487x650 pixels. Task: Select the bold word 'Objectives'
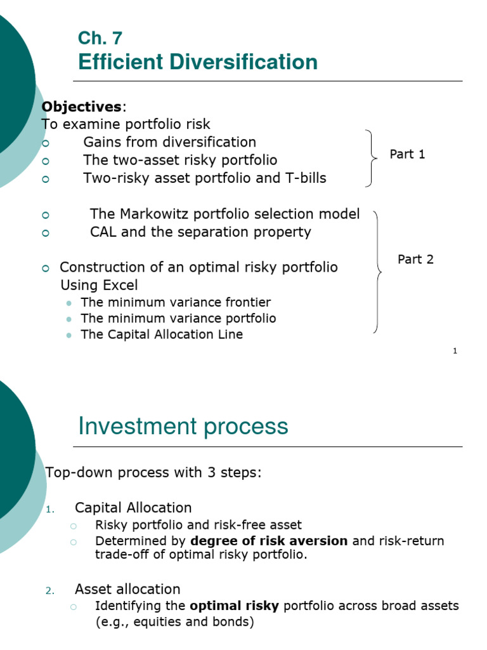(81, 105)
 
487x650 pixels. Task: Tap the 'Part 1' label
(407, 154)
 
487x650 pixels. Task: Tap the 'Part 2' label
(415, 259)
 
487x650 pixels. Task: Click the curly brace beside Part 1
(369, 158)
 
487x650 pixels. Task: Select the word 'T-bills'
(304, 178)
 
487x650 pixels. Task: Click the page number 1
(455, 351)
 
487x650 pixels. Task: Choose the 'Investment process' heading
(183, 426)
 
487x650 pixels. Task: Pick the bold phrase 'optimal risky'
(234, 606)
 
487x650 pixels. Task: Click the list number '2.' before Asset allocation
(51, 591)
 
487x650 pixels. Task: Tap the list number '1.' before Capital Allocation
(51, 509)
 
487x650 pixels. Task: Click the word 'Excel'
(118, 285)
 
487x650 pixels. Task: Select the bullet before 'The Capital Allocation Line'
(69, 335)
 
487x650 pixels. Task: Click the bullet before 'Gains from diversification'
(45, 143)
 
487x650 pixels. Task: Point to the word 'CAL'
(103, 232)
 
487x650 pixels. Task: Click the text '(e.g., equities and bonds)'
(174, 621)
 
